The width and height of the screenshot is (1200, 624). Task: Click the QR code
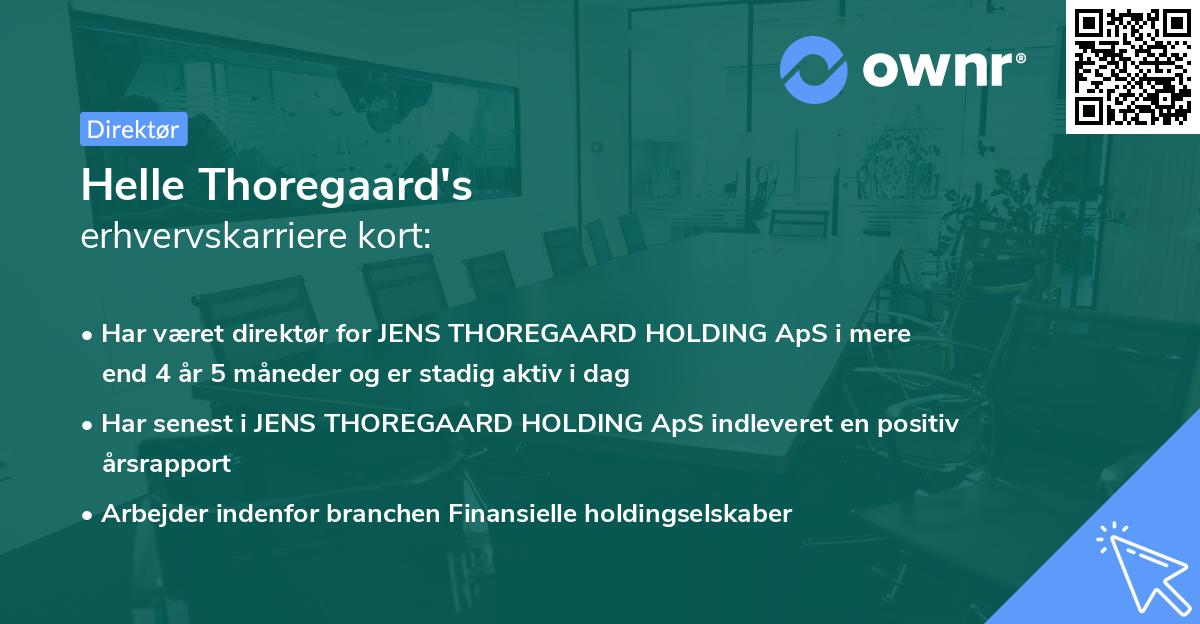coord(1132,66)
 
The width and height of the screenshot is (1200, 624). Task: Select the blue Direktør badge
coord(133,129)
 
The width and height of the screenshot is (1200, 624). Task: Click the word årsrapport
coord(166,463)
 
